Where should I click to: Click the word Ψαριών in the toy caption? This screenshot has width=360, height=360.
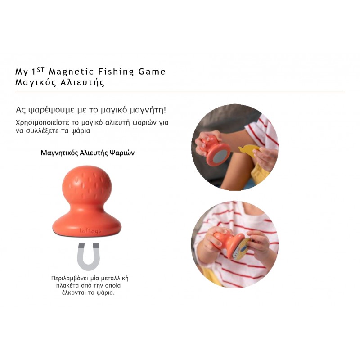click(x=122, y=153)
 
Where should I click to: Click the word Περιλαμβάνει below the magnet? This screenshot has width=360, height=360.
click(x=72, y=279)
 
